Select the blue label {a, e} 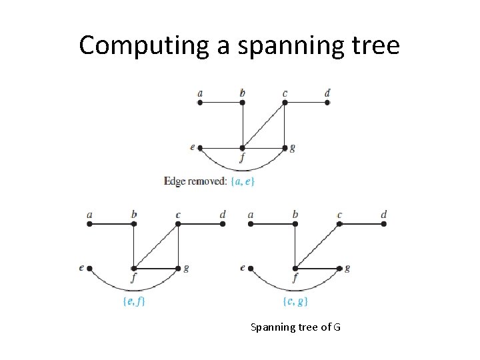tap(242, 181)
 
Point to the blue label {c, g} tap(295, 301)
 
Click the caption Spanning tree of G tap(295, 327)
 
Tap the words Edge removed tap(195, 181)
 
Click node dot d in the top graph tap(327, 103)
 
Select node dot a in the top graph tap(200, 103)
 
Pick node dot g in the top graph tap(285, 147)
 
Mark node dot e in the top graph tap(200, 147)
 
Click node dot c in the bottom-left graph tap(179, 224)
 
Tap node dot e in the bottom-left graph tap(89, 269)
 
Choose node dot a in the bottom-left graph tap(89, 224)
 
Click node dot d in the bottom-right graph tap(384, 224)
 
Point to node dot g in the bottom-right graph tap(339, 269)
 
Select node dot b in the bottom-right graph tap(295, 224)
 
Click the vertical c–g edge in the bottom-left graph tap(179, 247)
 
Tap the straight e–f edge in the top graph tap(221, 147)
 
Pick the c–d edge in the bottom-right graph tap(361, 224)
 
